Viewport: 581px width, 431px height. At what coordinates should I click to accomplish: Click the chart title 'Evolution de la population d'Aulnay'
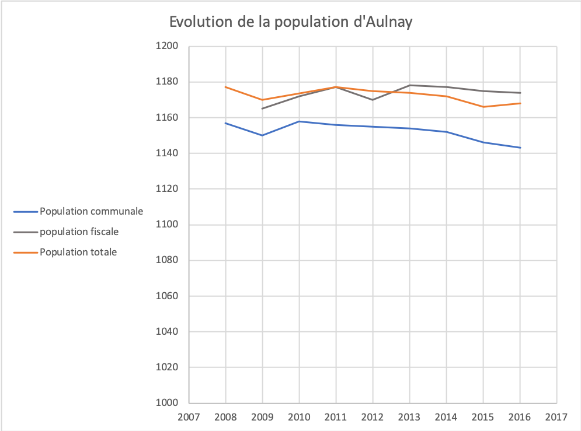click(x=291, y=22)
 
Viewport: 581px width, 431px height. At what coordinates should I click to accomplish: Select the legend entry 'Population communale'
click(x=91, y=211)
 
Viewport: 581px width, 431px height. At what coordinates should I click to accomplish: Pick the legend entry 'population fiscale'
click(x=79, y=232)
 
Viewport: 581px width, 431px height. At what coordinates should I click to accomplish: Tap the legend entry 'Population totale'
click(x=78, y=252)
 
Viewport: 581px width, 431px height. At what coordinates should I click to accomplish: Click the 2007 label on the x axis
click(x=189, y=418)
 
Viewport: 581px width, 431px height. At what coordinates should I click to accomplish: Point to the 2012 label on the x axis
click(x=373, y=418)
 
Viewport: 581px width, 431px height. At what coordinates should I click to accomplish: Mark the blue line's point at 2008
click(x=225, y=123)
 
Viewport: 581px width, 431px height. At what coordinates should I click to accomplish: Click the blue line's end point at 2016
click(x=520, y=148)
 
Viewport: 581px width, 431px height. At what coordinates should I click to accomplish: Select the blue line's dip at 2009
click(x=262, y=135)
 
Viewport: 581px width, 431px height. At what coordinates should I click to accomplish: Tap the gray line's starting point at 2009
click(x=262, y=108)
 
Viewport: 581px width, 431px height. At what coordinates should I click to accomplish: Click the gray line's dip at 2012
click(x=373, y=100)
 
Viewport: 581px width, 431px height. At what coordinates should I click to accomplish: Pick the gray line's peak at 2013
click(x=409, y=85)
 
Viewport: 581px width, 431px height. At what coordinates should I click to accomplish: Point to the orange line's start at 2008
click(x=225, y=87)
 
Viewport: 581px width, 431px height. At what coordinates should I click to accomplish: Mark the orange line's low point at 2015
click(x=483, y=107)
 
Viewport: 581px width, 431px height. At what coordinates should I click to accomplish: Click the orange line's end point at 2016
click(x=520, y=103)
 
